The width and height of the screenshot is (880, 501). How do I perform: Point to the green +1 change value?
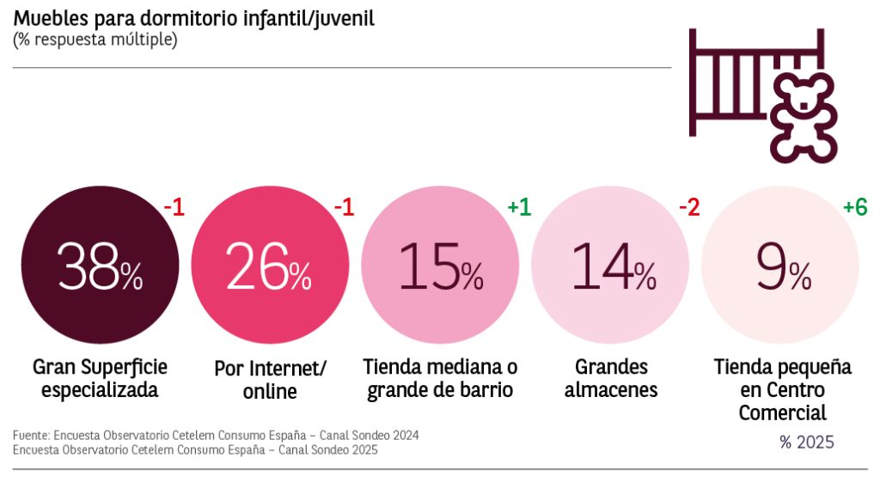point(518,208)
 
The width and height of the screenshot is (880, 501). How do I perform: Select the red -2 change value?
point(687,208)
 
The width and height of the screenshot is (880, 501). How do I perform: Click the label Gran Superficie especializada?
point(100,379)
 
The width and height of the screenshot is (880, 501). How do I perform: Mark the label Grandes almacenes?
point(611,379)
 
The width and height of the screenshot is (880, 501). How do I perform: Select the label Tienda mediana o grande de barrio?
point(440,379)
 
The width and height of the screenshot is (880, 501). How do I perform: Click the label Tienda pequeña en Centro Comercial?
point(782,390)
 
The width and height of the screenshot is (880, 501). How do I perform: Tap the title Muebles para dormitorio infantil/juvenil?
point(193,18)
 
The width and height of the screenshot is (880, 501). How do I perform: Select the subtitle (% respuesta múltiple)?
point(95,40)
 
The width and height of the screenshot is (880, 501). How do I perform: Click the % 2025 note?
point(806,443)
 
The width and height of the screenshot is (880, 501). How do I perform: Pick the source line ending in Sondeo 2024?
point(216,436)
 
